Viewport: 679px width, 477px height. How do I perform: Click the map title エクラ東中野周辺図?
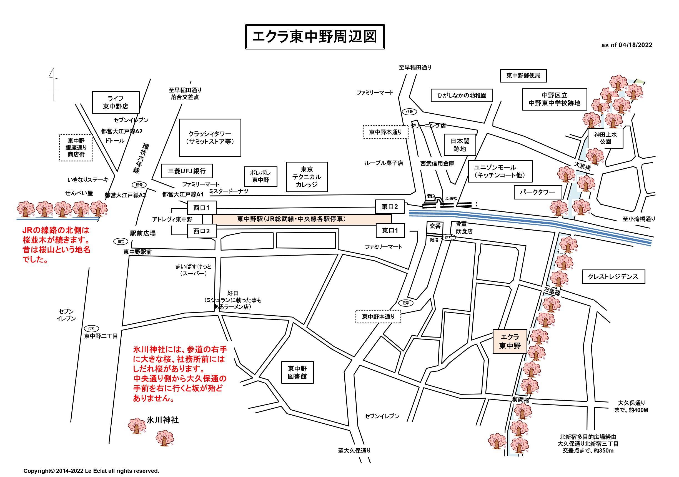(x=315, y=37)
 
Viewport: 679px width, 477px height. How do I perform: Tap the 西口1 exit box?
(x=201, y=208)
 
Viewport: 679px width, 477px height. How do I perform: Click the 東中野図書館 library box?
(x=297, y=372)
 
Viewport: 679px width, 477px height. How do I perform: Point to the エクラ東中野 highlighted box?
(x=510, y=341)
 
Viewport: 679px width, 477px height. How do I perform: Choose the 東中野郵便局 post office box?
(x=523, y=76)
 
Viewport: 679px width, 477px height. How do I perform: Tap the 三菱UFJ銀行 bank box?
(x=187, y=171)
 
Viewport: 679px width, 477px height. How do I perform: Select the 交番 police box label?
(x=435, y=226)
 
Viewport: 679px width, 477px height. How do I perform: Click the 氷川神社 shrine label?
(x=162, y=420)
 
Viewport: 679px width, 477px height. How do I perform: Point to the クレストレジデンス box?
(x=613, y=276)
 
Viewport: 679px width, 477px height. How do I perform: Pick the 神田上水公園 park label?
(x=605, y=138)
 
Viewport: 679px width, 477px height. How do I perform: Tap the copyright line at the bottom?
(x=91, y=471)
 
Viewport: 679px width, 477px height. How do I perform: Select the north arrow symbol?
(x=54, y=84)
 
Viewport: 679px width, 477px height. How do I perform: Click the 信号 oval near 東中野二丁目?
(x=91, y=328)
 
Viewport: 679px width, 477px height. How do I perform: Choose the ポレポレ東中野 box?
(x=260, y=176)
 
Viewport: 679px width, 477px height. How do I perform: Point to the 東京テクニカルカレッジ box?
(x=307, y=177)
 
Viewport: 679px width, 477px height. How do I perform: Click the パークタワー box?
(x=537, y=192)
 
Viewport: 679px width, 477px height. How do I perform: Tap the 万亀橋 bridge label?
(x=552, y=291)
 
